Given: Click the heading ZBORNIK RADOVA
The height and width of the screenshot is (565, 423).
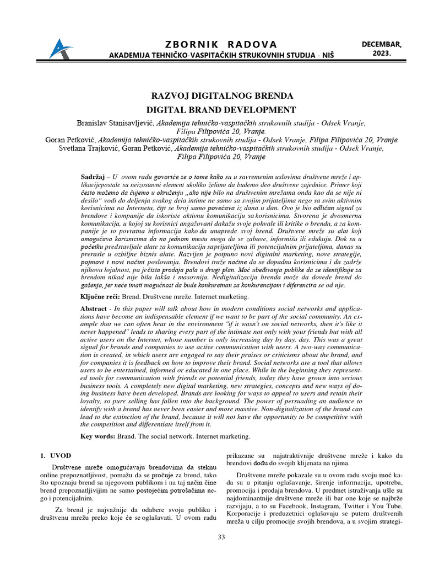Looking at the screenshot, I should pos(213,44).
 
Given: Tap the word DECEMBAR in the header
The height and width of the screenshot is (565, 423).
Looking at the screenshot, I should pos(381,44).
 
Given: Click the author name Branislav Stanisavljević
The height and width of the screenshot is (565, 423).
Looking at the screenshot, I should pos(113,122).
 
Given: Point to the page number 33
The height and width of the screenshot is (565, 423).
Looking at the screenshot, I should pos(221,537).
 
